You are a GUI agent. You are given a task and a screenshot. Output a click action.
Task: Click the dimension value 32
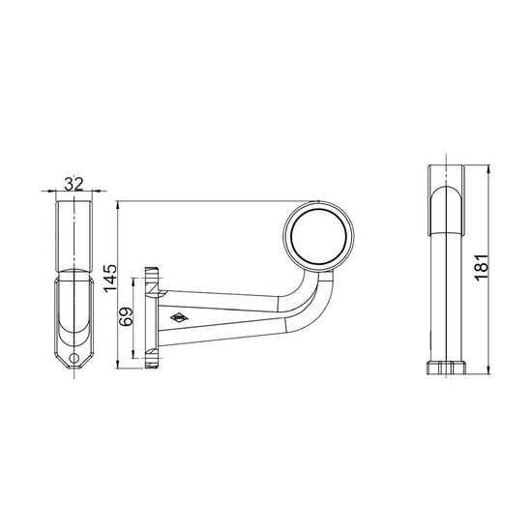point(74,184)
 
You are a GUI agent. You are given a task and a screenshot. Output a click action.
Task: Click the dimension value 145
point(110,278)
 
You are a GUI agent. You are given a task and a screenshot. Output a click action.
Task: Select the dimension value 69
point(127,316)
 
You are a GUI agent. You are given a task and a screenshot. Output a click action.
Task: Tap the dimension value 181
point(482,267)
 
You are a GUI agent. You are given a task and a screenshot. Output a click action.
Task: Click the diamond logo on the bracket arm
point(179,317)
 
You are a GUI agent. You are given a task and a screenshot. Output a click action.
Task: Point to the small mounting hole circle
point(74,357)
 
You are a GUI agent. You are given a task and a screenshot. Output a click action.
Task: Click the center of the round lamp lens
point(318,236)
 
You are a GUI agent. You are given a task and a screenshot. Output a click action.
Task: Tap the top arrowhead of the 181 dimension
point(488,168)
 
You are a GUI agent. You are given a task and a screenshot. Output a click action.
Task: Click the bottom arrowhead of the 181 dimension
point(488,370)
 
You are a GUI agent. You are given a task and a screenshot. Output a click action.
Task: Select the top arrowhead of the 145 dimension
point(118,205)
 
